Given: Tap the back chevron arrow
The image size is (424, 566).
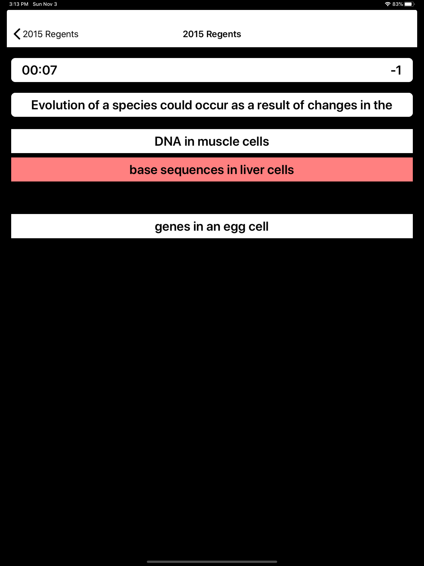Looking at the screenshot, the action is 17,34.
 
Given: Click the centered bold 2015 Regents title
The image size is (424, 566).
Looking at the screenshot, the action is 212,34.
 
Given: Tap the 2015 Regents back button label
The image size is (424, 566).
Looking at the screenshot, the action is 50,34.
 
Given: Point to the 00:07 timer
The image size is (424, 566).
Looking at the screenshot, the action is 39,70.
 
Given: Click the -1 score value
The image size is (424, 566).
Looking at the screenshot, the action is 396,70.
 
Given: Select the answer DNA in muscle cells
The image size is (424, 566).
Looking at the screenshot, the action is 212,141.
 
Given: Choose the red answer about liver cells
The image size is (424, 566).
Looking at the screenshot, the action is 212,169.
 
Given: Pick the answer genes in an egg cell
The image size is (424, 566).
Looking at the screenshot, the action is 212,226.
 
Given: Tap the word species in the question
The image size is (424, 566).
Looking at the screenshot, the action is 135,105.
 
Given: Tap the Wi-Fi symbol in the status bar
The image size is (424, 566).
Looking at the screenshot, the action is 388,4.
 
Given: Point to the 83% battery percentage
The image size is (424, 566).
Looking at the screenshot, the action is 398,4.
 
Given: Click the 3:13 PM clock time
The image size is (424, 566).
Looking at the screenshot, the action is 19,4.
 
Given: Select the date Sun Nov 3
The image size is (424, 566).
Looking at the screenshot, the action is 45,4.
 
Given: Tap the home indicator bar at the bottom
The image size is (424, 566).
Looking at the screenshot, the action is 212,562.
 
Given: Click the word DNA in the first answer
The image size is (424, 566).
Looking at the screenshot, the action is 168,141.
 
